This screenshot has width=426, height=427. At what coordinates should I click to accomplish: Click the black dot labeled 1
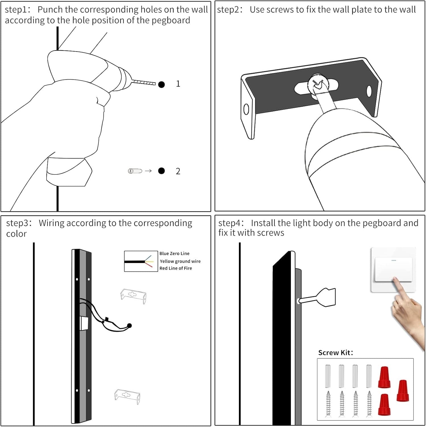tap(162, 85)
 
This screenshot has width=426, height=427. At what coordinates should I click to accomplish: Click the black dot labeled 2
tap(162, 171)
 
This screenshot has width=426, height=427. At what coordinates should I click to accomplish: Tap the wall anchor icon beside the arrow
tap(135, 171)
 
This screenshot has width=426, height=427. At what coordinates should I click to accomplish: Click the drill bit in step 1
tap(144, 83)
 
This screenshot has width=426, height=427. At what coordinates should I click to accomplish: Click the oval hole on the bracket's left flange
tap(246, 110)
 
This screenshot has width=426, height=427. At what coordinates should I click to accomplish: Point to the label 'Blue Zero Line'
tap(174, 253)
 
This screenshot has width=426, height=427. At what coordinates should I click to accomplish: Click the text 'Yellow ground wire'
tap(180, 261)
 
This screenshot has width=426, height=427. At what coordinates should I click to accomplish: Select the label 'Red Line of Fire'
tap(176, 268)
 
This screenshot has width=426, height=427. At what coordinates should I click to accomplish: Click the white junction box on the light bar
tap(84, 323)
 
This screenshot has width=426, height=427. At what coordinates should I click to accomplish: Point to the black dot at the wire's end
tap(129, 326)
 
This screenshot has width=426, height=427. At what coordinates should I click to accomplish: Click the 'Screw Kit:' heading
tap(336, 353)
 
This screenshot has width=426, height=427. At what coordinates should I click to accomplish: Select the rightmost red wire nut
tap(403, 391)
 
